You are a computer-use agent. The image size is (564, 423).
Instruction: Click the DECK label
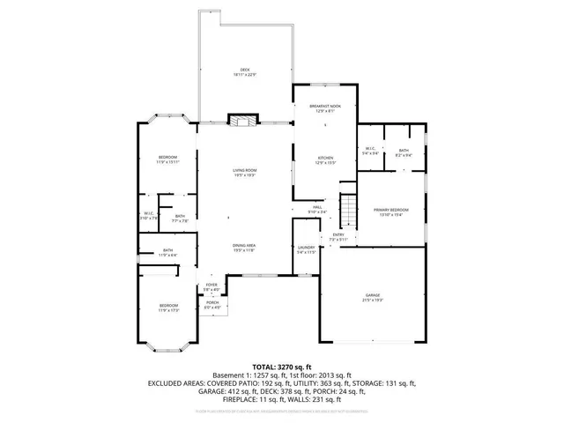245,70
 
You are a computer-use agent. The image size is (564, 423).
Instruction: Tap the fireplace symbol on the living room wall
241,120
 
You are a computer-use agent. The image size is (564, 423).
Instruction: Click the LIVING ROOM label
245,171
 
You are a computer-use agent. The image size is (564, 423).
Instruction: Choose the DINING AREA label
244,248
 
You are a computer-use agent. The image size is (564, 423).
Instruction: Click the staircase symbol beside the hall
351,211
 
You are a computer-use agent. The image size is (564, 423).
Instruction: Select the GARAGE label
372,296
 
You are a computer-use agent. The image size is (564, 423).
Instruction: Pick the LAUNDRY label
306,249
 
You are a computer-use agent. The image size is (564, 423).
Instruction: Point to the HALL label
317,209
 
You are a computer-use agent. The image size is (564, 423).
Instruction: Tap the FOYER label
211,286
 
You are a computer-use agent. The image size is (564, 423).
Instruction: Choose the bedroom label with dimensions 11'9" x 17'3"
167,308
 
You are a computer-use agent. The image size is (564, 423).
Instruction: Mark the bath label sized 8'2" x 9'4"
403,152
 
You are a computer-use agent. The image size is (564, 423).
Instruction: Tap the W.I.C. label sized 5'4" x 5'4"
370,152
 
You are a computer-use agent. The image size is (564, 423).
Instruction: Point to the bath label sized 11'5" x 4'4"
167,252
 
